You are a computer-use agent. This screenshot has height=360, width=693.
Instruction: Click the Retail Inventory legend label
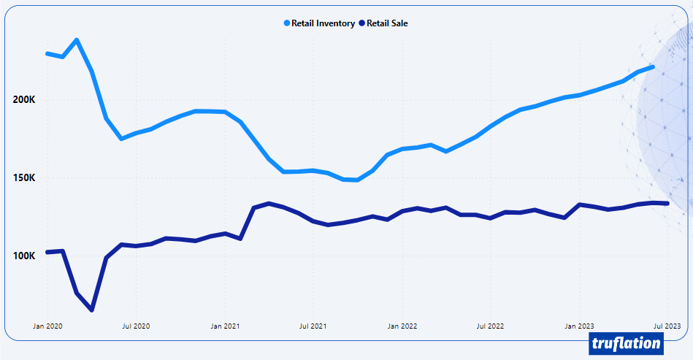click(323, 23)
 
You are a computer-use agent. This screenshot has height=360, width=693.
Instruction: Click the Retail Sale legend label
click(387, 23)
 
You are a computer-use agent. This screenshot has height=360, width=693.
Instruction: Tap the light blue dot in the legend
click(287, 23)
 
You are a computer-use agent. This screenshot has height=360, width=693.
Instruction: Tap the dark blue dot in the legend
click(361, 23)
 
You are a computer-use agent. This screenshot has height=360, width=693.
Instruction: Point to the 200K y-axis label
click(24, 100)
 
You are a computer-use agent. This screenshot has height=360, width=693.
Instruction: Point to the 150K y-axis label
click(24, 178)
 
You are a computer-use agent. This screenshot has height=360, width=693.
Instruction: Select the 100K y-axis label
click(24, 256)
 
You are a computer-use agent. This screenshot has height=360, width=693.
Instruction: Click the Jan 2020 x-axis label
click(47, 326)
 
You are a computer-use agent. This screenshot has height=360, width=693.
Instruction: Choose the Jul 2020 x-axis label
click(136, 326)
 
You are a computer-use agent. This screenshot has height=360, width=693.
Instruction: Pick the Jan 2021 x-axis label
click(225, 326)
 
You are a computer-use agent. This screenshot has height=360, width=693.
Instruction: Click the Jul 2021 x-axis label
click(313, 326)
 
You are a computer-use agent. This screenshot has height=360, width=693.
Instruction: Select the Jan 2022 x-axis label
click(402, 326)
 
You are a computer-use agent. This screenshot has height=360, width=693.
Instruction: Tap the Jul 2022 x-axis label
click(491, 326)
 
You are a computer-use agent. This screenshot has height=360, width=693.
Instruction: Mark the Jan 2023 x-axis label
click(580, 326)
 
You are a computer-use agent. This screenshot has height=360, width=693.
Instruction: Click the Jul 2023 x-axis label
click(667, 326)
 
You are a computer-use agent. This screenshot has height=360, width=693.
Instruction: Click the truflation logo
click(626, 343)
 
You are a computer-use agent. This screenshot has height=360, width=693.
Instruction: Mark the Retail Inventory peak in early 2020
click(77, 40)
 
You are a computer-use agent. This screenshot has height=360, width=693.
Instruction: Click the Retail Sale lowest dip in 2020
click(91, 310)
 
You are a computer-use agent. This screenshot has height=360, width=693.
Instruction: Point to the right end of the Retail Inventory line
click(653, 67)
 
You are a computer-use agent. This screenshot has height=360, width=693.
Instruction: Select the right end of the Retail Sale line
click(667, 203)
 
